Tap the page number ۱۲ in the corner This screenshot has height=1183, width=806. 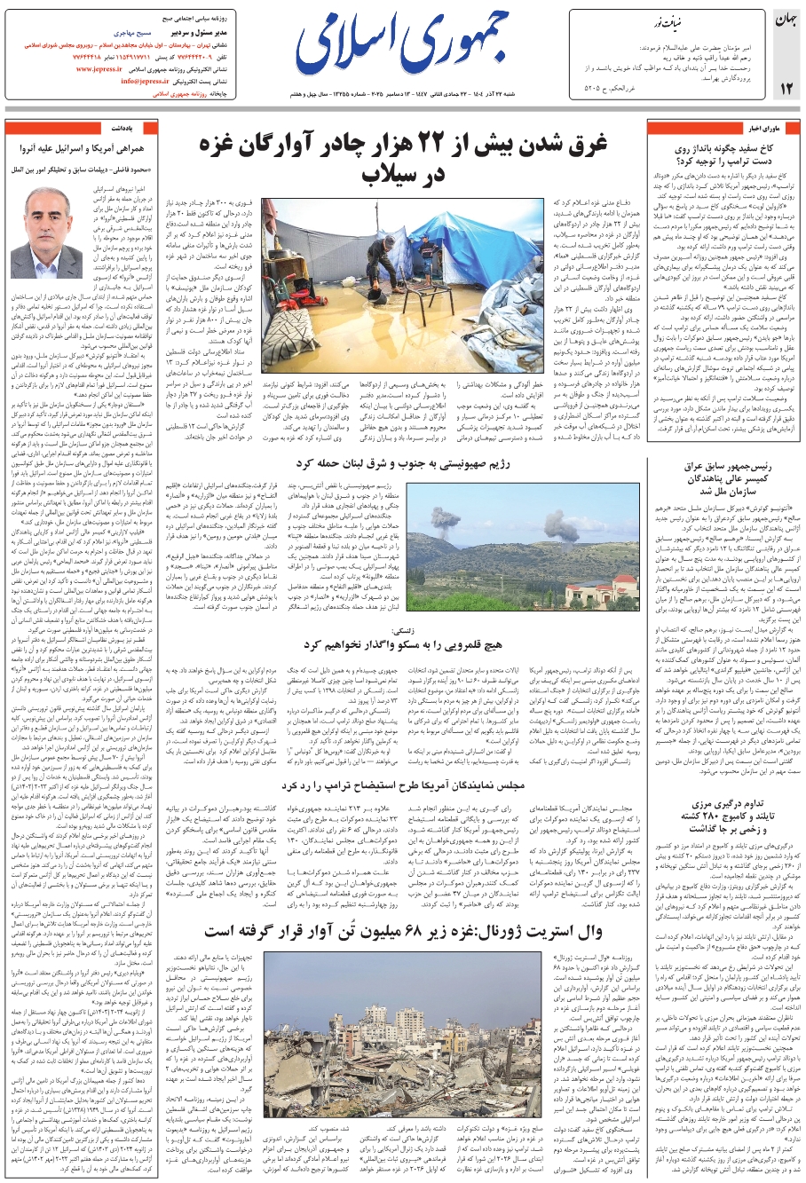tap(786, 88)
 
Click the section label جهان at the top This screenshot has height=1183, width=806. tap(786, 20)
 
